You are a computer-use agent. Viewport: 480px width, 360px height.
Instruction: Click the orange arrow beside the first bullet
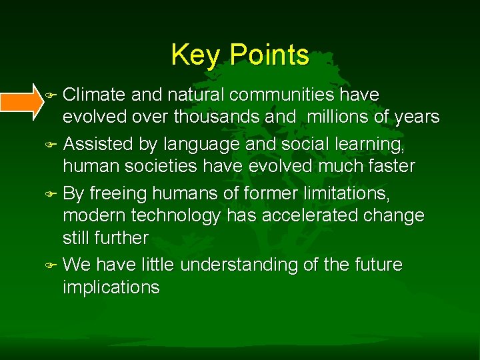click(x=22, y=101)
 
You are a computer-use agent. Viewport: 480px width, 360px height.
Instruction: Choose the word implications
click(x=111, y=288)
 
